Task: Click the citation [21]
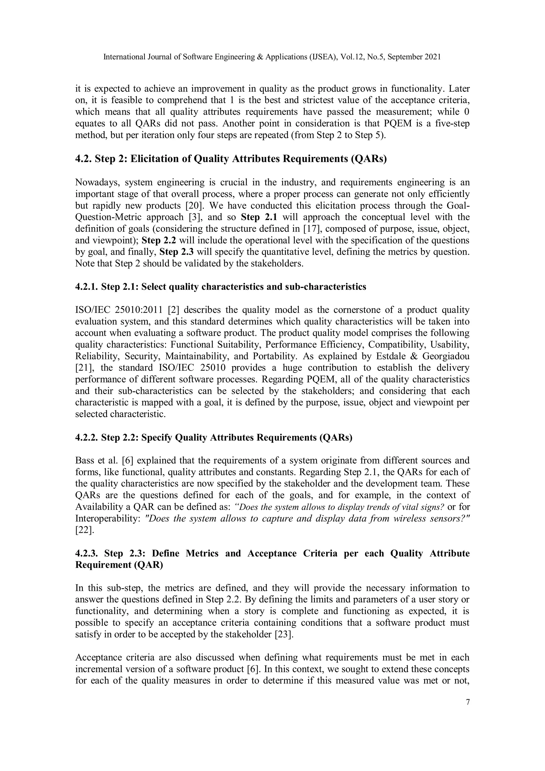(82, 368)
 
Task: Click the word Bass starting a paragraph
(85, 460)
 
